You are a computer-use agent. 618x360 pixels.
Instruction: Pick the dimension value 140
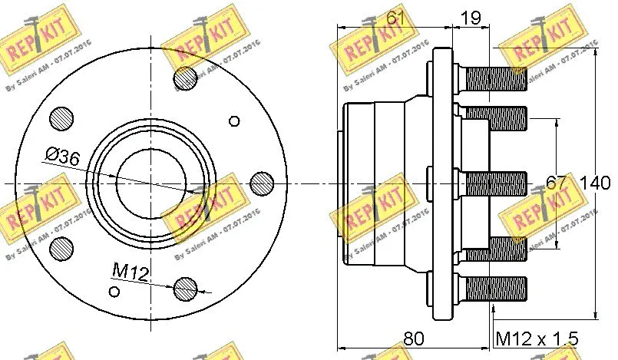[x=595, y=183]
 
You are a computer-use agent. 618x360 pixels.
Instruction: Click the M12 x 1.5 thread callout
[x=537, y=339]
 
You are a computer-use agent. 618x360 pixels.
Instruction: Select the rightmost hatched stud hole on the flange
[x=262, y=183]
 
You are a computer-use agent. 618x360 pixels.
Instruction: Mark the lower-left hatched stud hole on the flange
[x=61, y=247]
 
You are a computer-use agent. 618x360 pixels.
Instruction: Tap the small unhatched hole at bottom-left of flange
[x=114, y=290]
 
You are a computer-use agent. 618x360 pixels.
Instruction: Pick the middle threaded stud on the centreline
[x=494, y=183]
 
